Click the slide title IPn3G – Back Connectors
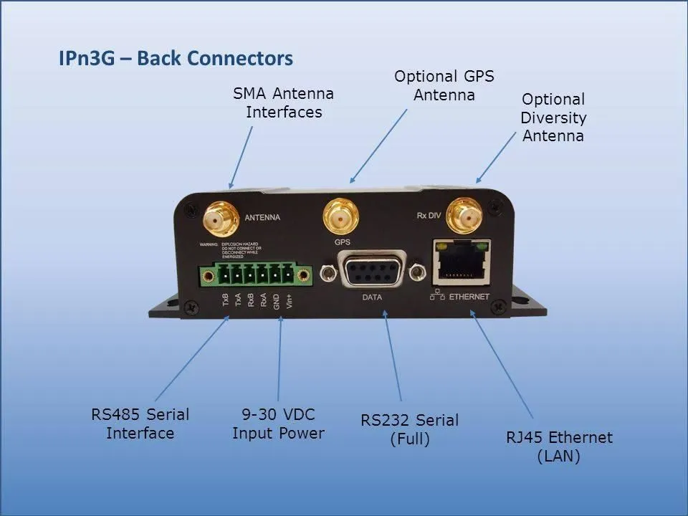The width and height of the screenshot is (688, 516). (x=176, y=58)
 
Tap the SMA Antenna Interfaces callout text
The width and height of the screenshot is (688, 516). (x=284, y=103)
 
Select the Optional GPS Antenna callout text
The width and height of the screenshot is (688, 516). (x=444, y=85)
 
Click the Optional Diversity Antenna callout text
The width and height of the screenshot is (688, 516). (x=553, y=117)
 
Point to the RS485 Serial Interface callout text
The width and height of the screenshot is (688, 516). (x=140, y=424)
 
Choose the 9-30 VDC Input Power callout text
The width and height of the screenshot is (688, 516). (x=278, y=424)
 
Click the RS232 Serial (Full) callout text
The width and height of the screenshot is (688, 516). (x=410, y=429)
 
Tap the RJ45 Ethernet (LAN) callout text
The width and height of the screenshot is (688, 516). (x=559, y=446)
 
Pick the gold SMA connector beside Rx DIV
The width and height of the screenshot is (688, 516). (x=464, y=214)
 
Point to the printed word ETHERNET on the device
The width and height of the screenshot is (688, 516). (x=469, y=297)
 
